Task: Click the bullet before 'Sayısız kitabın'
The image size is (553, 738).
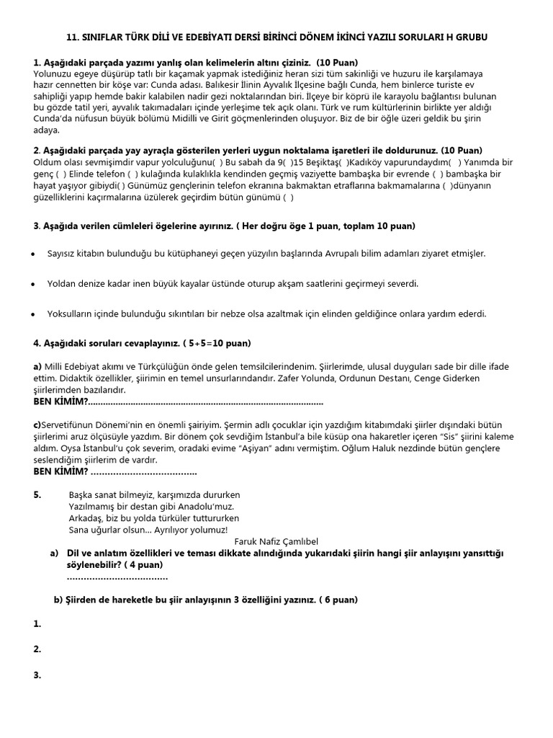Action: click(x=34, y=254)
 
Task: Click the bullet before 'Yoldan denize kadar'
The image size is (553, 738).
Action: click(x=34, y=285)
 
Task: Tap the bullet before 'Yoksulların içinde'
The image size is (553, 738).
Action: click(x=34, y=314)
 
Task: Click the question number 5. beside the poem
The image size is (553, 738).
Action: click(x=38, y=495)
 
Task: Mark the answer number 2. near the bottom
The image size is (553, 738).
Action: click(x=37, y=649)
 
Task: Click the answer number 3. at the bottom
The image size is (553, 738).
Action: click(x=37, y=675)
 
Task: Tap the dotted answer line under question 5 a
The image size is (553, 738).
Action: click(x=117, y=577)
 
